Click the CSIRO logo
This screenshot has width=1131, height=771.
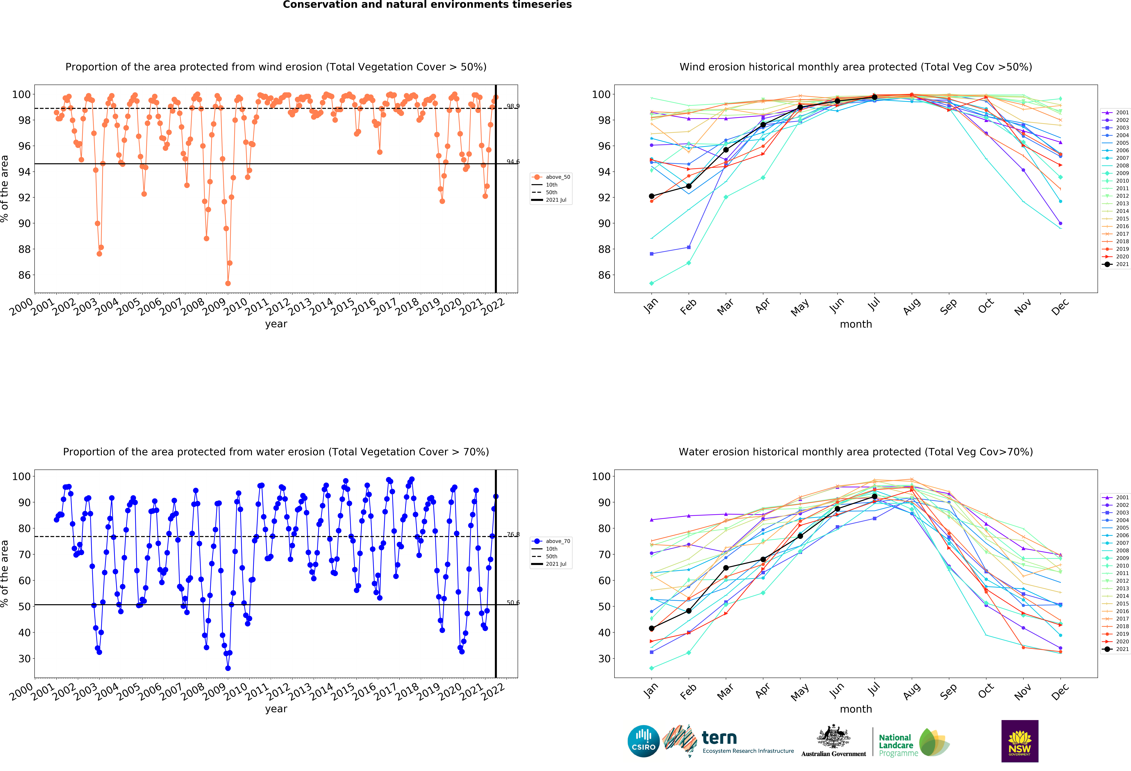(x=643, y=741)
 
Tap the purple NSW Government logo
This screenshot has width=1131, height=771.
(x=1020, y=741)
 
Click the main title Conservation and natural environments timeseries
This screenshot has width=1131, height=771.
(x=427, y=5)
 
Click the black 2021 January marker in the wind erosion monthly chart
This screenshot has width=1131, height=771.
(x=652, y=196)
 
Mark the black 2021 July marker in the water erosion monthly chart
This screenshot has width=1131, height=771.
(x=875, y=496)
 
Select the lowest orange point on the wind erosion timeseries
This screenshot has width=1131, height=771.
(x=228, y=283)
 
